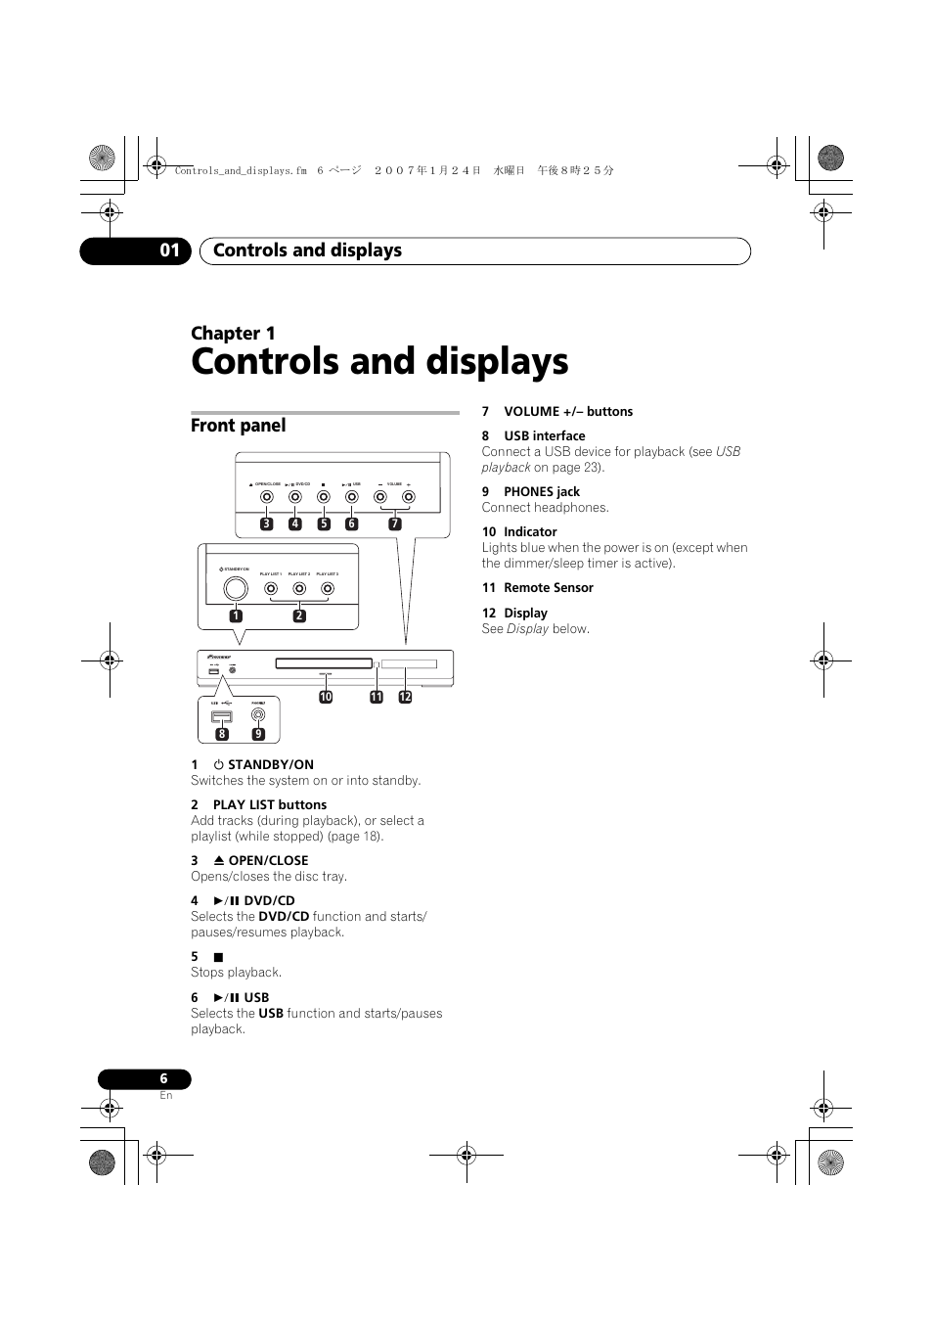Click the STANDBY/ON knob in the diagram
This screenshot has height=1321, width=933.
click(x=236, y=588)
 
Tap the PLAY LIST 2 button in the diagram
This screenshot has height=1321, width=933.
click(x=299, y=588)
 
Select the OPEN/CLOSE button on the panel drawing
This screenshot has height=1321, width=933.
click(x=267, y=497)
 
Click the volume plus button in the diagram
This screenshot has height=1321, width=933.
click(x=409, y=497)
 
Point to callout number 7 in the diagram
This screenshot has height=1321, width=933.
click(x=395, y=524)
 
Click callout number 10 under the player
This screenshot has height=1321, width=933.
click(x=326, y=697)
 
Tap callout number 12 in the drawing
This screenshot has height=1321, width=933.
click(x=405, y=697)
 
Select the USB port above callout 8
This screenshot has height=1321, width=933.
click(x=222, y=716)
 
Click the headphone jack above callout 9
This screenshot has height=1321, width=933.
click(x=258, y=714)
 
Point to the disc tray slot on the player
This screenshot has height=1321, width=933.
click(x=324, y=663)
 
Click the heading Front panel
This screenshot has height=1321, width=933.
click(x=239, y=426)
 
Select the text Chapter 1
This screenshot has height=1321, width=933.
click(x=233, y=334)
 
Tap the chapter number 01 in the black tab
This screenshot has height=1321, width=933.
click(x=170, y=251)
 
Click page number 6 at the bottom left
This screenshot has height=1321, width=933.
click(x=163, y=1078)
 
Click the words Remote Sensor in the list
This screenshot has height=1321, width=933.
click(x=549, y=588)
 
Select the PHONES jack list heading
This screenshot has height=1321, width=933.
click(x=542, y=492)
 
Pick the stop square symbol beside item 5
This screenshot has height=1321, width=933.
click(x=219, y=957)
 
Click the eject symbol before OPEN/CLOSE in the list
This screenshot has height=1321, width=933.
click(x=219, y=861)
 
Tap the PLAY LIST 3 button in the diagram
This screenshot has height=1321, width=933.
click(x=328, y=588)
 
